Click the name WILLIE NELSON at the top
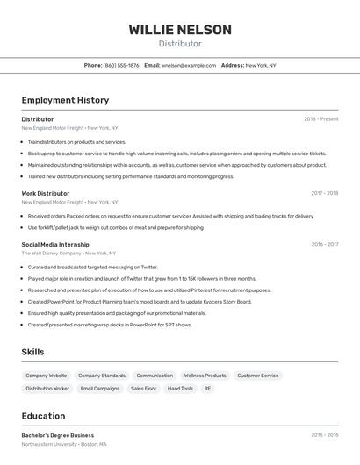coord(180,30)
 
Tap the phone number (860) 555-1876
coord(121,65)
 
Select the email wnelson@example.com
coord(189,65)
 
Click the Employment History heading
coord(65,100)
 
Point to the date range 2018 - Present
coord(321,118)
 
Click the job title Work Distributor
coord(46,193)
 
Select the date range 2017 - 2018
coord(324,193)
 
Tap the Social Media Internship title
coord(55,245)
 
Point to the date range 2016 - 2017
coord(324,245)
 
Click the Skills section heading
coord(32,352)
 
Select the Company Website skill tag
coord(47,376)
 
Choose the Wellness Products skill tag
coord(205,376)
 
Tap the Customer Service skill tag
coord(258,376)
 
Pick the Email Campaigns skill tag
coord(100,388)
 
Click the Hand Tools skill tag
coord(180,388)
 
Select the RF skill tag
coord(208,388)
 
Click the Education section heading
coord(43,416)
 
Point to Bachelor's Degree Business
coord(58,435)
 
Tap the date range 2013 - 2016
coord(324,435)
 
